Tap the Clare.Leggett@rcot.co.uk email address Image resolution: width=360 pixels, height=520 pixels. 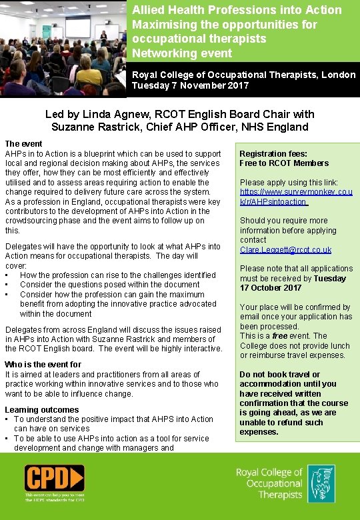pyautogui.click(x=285, y=250)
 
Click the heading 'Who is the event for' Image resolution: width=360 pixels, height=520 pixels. pyautogui.click(x=43, y=365)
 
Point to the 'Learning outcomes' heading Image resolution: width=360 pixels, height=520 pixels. pyautogui.click(x=41, y=410)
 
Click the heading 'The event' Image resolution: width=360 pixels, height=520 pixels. pyautogui.click(x=23, y=144)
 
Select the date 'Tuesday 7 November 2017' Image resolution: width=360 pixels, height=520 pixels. pyautogui.click(x=190, y=85)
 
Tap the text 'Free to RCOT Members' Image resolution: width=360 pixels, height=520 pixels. pyautogui.click(x=284, y=163)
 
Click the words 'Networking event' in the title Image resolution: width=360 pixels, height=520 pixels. pyautogui.click(x=173, y=53)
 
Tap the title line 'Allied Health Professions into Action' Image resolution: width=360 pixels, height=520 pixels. pyautogui.click(x=237, y=10)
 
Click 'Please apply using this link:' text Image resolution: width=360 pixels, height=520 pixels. pyautogui.click(x=289, y=183)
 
